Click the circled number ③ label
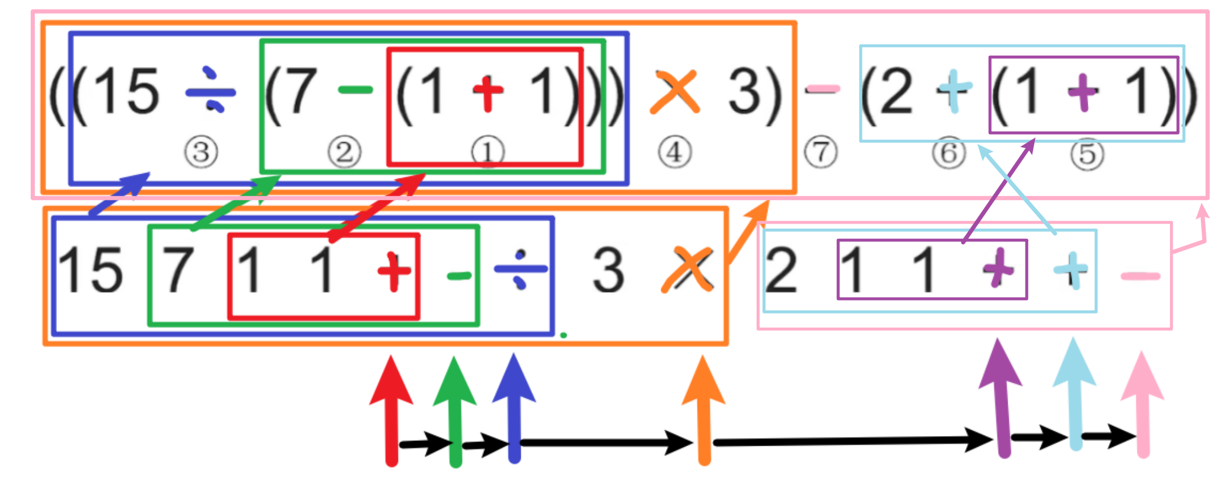point(201,152)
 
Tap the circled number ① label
point(487,152)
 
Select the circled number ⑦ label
point(821,152)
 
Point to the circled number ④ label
point(674,152)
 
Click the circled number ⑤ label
point(1086,154)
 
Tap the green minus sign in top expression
point(355,91)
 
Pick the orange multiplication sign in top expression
point(675,92)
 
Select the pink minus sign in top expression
point(822,89)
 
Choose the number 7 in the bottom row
point(178,270)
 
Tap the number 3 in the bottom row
point(608,270)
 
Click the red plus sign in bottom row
point(394,271)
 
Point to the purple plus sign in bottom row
point(998,269)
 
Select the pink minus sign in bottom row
point(1139,276)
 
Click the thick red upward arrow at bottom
point(391,409)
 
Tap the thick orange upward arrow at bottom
point(704,409)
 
